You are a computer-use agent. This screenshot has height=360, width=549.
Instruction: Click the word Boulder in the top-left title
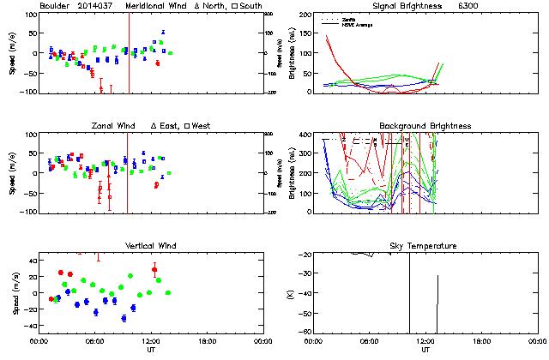click(56, 6)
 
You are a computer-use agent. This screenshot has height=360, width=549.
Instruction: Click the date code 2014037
click(97, 6)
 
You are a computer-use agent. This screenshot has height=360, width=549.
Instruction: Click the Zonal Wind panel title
click(114, 126)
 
